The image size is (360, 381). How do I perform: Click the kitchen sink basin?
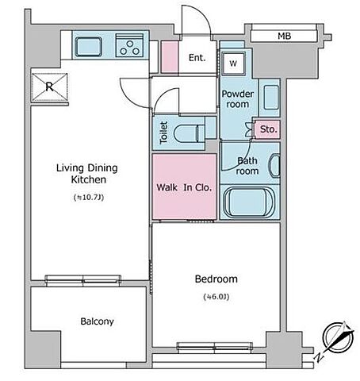[88, 47]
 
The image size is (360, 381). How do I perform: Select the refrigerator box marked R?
[49, 87]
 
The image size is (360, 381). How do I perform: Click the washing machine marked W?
[233, 63]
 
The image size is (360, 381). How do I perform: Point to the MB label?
[285, 36]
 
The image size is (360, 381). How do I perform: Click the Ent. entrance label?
[197, 57]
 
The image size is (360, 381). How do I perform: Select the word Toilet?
[163, 133]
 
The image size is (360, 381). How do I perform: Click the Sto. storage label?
[268, 129]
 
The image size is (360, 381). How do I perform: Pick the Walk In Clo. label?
[184, 187]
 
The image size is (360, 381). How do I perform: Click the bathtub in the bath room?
[248, 202]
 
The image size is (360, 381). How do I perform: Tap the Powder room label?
[238, 99]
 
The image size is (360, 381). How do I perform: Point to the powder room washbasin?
[271, 97]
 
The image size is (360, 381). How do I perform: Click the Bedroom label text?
[216, 279]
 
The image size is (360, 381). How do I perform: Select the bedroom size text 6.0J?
[216, 297]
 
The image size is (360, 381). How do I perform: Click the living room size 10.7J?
[89, 198]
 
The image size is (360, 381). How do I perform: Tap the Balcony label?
[97, 321]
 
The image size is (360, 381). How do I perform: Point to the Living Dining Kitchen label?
[87, 174]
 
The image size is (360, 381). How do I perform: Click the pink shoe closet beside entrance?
[170, 56]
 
